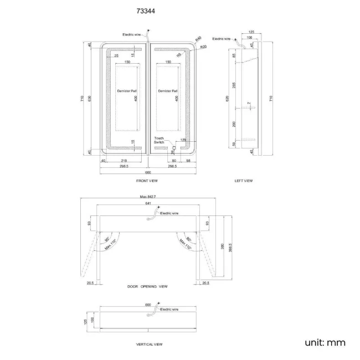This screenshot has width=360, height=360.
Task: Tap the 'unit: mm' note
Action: (x=325, y=342)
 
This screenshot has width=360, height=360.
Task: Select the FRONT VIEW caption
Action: (x=147, y=181)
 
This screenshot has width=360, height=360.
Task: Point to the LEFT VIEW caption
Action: (x=244, y=181)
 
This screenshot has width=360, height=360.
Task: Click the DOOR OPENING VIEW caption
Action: (x=147, y=287)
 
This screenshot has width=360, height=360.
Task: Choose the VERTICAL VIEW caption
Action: (x=149, y=344)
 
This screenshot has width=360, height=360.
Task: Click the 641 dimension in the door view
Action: (x=148, y=204)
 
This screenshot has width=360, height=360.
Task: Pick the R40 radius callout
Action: (x=199, y=38)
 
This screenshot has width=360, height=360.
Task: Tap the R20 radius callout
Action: (x=203, y=47)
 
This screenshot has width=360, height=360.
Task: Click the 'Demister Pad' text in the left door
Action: (x=127, y=91)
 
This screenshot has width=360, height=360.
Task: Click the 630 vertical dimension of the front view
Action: (x=91, y=99)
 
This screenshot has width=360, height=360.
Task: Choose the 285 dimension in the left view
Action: (x=234, y=86)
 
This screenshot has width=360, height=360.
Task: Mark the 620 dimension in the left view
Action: (x=227, y=99)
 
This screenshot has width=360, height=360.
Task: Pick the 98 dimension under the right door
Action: (x=189, y=161)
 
